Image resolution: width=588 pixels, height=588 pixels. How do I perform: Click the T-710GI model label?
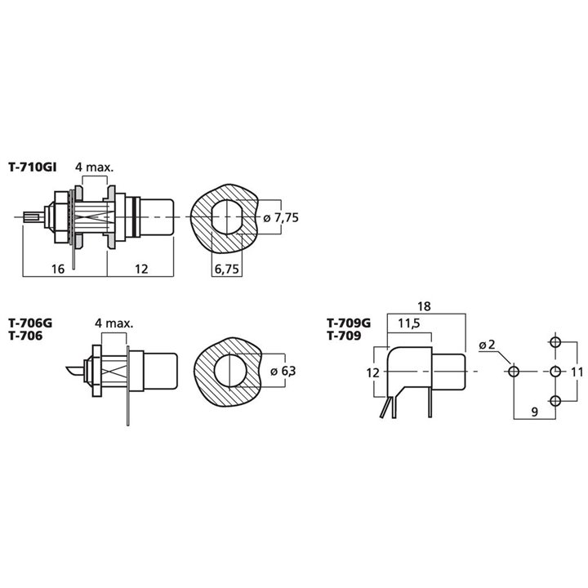point(32,167)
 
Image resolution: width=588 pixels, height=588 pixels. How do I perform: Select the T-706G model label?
point(30,323)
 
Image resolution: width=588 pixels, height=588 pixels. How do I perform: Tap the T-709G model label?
point(349,323)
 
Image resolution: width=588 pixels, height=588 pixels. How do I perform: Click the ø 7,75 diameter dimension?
point(281,217)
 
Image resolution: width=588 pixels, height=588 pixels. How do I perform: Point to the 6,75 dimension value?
point(226,269)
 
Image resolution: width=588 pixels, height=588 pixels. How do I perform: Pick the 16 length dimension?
point(58,269)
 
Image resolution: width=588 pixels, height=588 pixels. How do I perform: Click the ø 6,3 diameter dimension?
point(283,371)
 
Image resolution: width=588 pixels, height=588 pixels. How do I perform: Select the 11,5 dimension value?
point(409,323)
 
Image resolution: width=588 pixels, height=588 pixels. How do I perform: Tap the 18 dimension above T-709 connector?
point(424,306)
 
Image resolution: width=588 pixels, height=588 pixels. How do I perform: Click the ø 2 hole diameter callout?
point(487,345)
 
